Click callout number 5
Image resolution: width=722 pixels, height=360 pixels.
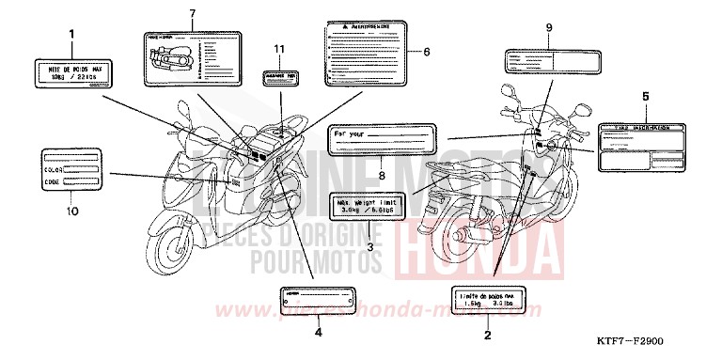click(x=644, y=97)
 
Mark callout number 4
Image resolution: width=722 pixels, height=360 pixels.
click(x=318, y=332)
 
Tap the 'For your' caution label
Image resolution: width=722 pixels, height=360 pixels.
click(x=383, y=143)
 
